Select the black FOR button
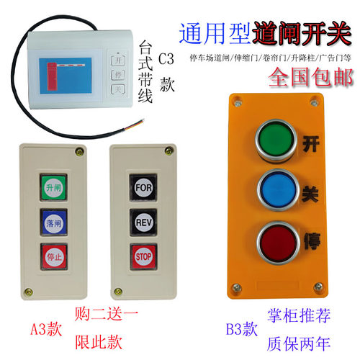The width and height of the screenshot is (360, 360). point(141,184)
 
